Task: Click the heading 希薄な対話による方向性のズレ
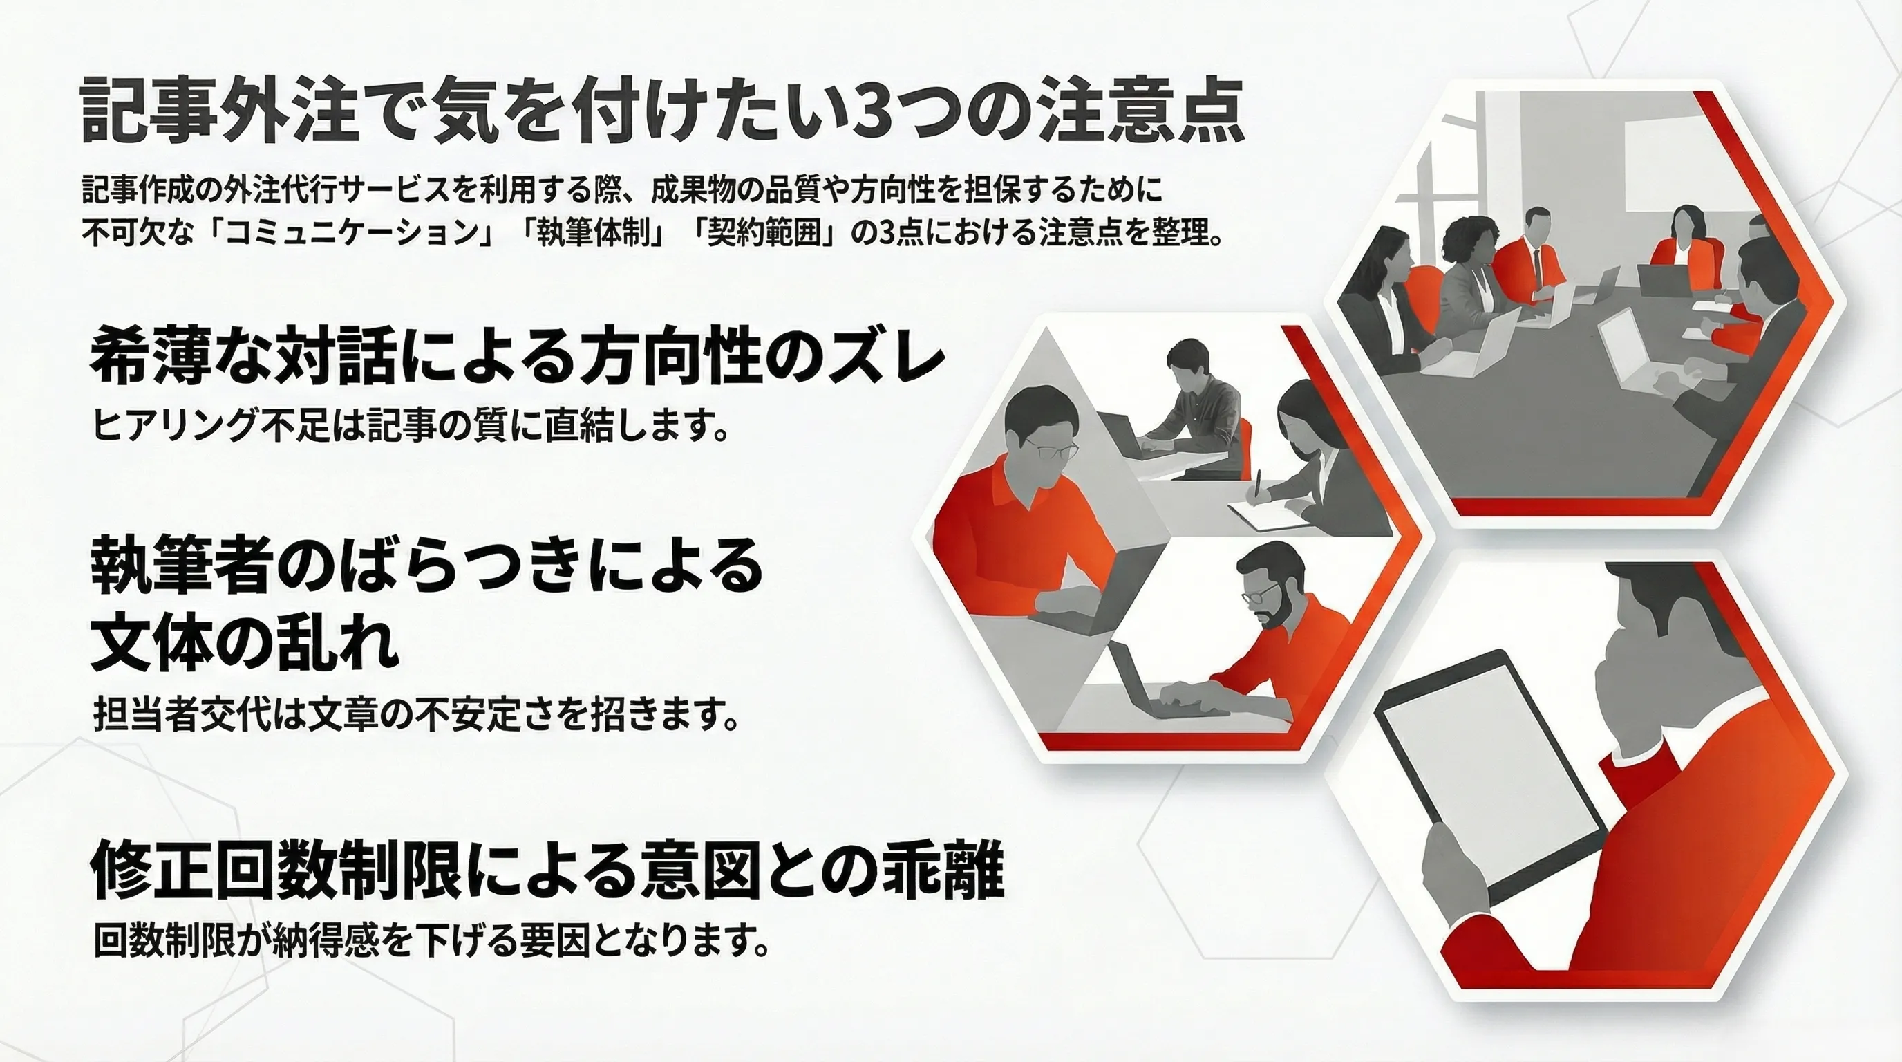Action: point(517,362)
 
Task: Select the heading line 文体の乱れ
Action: point(244,641)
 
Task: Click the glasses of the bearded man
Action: point(1258,592)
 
